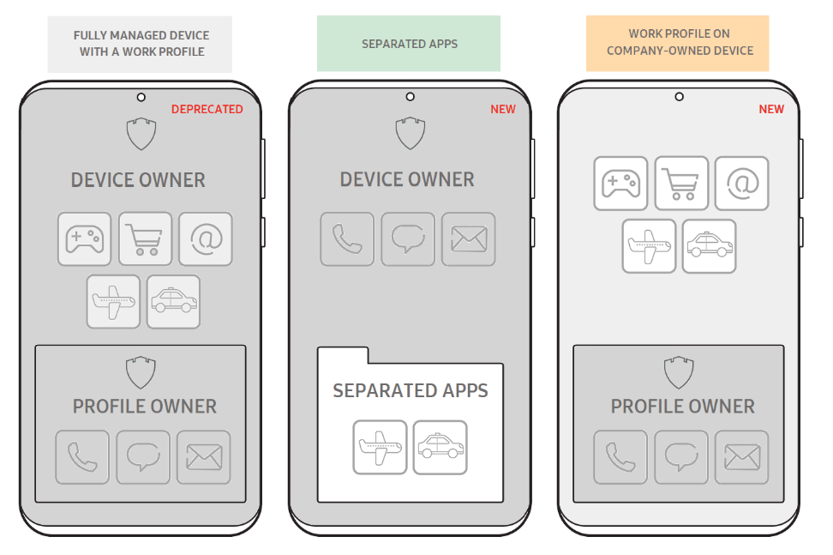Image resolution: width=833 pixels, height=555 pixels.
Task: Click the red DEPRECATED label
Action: (207, 109)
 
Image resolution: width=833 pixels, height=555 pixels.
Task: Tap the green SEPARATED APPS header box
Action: (409, 44)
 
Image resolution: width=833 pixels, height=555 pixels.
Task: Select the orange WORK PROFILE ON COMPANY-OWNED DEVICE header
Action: (678, 43)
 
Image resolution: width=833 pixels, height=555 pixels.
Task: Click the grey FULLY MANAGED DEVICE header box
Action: (141, 43)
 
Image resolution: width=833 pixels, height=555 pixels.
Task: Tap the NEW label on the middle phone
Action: (503, 109)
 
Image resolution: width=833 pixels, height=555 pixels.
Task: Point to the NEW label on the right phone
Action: (771, 109)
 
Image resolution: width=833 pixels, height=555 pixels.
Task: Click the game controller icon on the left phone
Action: (85, 238)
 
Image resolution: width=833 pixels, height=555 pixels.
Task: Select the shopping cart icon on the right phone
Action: (681, 183)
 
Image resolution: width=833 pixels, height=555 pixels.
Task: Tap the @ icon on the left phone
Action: (206, 238)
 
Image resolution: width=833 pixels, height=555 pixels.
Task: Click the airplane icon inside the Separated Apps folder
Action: (380, 447)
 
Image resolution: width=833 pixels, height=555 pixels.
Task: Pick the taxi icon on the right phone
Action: (709, 246)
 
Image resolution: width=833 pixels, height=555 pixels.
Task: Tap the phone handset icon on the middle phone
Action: (347, 238)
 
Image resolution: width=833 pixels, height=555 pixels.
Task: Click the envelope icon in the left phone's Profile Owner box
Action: (204, 457)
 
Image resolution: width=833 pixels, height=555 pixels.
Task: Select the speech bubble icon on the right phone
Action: (681, 457)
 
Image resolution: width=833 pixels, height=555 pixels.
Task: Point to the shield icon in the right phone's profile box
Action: (678, 372)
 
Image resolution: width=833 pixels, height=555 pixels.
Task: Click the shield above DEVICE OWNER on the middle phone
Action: (410, 133)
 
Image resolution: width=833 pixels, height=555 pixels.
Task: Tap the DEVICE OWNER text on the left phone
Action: (138, 180)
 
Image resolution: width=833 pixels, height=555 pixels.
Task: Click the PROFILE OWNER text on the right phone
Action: (682, 406)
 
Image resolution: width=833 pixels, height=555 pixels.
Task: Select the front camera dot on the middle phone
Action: (410, 97)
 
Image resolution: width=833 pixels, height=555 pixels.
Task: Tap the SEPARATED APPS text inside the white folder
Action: (410, 391)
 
